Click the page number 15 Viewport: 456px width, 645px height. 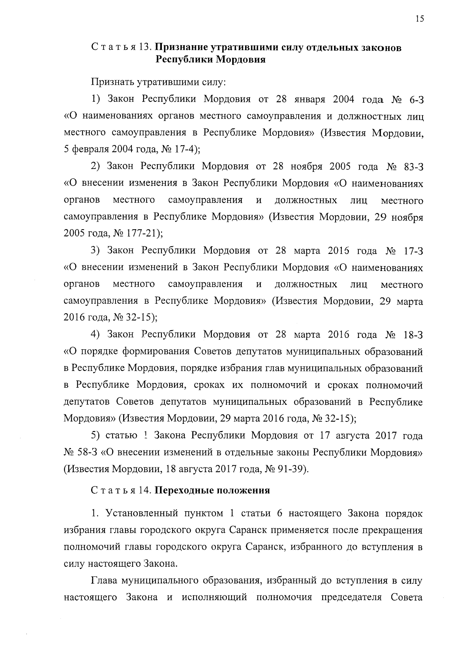click(420, 20)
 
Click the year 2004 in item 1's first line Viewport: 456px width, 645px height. click(344, 100)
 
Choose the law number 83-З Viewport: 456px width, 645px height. click(412, 166)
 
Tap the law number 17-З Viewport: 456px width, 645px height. click(412, 250)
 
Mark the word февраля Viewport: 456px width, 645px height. click(89, 149)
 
